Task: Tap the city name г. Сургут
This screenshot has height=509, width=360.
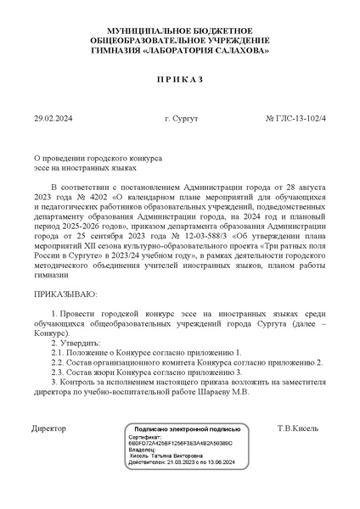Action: pos(181,118)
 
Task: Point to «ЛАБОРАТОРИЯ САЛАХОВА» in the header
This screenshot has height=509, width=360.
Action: pos(205,51)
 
